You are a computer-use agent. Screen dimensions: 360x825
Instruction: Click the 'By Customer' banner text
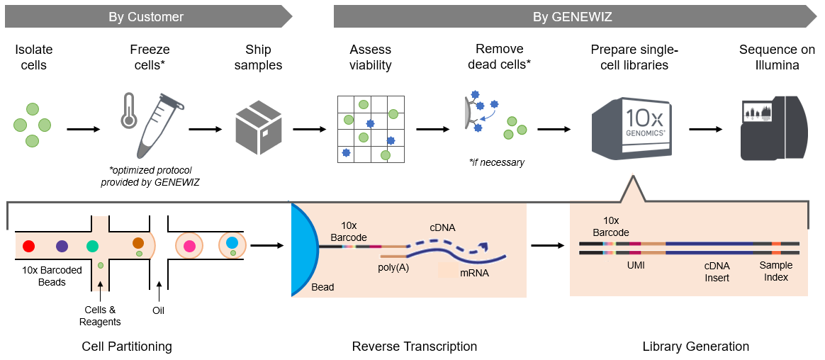click(x=146, y=16)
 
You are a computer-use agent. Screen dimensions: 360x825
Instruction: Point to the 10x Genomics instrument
click(x=632, y=128)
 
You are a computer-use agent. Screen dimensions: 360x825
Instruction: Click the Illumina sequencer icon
click(x=773, y=128)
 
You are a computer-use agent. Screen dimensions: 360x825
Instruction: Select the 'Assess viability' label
click(x=370, y=57)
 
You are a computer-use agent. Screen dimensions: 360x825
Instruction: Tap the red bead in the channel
click(x=29, y=246)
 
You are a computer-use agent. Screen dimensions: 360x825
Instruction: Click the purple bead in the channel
click(x=62, y=246)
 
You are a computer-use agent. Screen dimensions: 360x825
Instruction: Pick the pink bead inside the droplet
click(x=189, y=246)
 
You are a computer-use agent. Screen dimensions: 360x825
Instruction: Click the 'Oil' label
click(x=158, y=310)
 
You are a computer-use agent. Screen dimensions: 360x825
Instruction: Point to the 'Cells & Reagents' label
click(x=101, y=315)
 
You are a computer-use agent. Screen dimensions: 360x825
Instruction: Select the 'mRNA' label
click(x=473, y=272)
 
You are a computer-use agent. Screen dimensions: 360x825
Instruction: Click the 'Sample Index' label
click(x=775, y=271)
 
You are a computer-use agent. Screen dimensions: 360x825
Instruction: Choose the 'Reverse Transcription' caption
click(x=414, y=347)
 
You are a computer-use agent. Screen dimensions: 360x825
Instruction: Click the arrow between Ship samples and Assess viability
click(x=305, y=130)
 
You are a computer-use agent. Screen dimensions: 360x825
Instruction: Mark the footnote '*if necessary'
click(x=496, y=162)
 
